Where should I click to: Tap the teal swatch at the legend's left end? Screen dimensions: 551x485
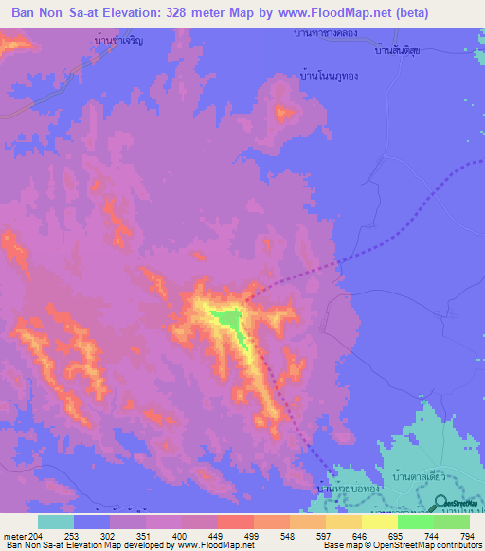click(55, 522)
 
